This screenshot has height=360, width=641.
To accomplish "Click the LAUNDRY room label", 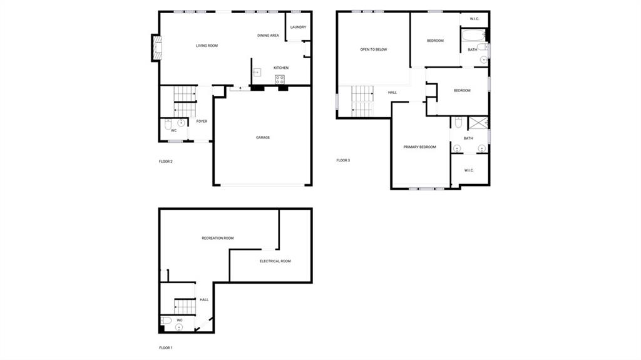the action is pos(298,27).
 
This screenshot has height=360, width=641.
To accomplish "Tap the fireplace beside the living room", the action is pos(157,48).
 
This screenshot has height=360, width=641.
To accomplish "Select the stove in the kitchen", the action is pos(280,80).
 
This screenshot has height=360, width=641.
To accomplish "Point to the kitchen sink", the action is pos(257,73).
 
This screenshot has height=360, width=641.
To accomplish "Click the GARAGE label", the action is pos(263,138).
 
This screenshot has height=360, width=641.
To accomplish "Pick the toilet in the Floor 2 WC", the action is pos(168,124).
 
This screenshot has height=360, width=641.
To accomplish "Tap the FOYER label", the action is pos(202,121).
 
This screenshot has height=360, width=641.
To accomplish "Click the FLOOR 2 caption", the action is pos(165,162).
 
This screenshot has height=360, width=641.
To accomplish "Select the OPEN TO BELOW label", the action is pos(373,49).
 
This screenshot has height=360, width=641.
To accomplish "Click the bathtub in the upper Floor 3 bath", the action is pos(474,35).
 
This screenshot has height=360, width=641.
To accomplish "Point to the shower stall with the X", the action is pos(478,123).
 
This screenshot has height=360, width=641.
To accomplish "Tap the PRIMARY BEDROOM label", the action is pos(419,147).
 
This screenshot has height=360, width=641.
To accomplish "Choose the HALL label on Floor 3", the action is pos(392,93).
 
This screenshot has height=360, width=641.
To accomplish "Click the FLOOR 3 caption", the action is pos(343,160).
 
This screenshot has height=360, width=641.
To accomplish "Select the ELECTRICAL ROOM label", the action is pos(275,261).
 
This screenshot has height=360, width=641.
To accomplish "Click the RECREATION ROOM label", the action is pos(217,238).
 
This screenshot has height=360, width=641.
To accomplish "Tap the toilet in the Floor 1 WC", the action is pos(166,321).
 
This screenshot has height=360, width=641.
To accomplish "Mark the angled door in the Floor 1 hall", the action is pos(203,324).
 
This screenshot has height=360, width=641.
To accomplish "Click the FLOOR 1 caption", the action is pos(165,347).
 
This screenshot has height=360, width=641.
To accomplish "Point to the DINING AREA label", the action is pos(268,36).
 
